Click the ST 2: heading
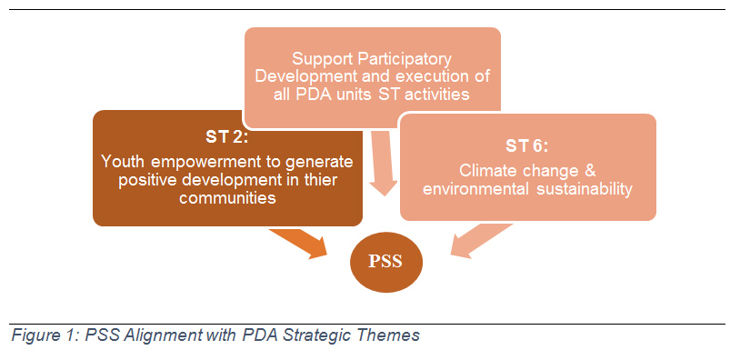point(227,137)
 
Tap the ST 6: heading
point(527,145)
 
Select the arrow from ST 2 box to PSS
point(301,242)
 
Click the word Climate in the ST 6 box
point(487,170)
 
